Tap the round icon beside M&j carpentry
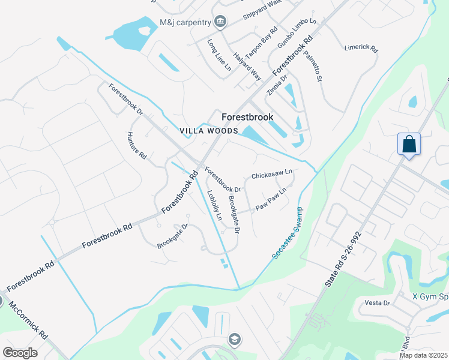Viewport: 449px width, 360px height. point(220,22)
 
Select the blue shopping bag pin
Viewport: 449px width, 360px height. point(409,145)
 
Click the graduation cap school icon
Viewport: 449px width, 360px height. point(234,340)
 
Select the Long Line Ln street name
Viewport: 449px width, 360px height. point(219,56)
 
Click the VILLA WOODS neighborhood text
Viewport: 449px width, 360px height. point(209,131)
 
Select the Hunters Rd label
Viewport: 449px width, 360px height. point(137,145)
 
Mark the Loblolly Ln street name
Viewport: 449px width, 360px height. point(214,205)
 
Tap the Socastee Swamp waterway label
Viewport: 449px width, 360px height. point(288,233)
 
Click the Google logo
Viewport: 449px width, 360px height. point(20,352)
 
